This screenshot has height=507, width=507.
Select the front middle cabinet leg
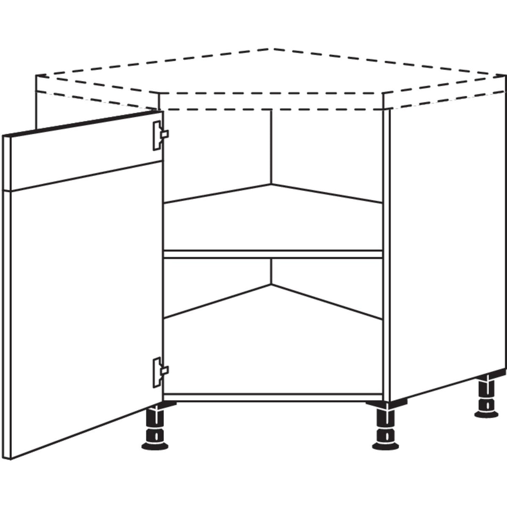pos(385,427)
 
